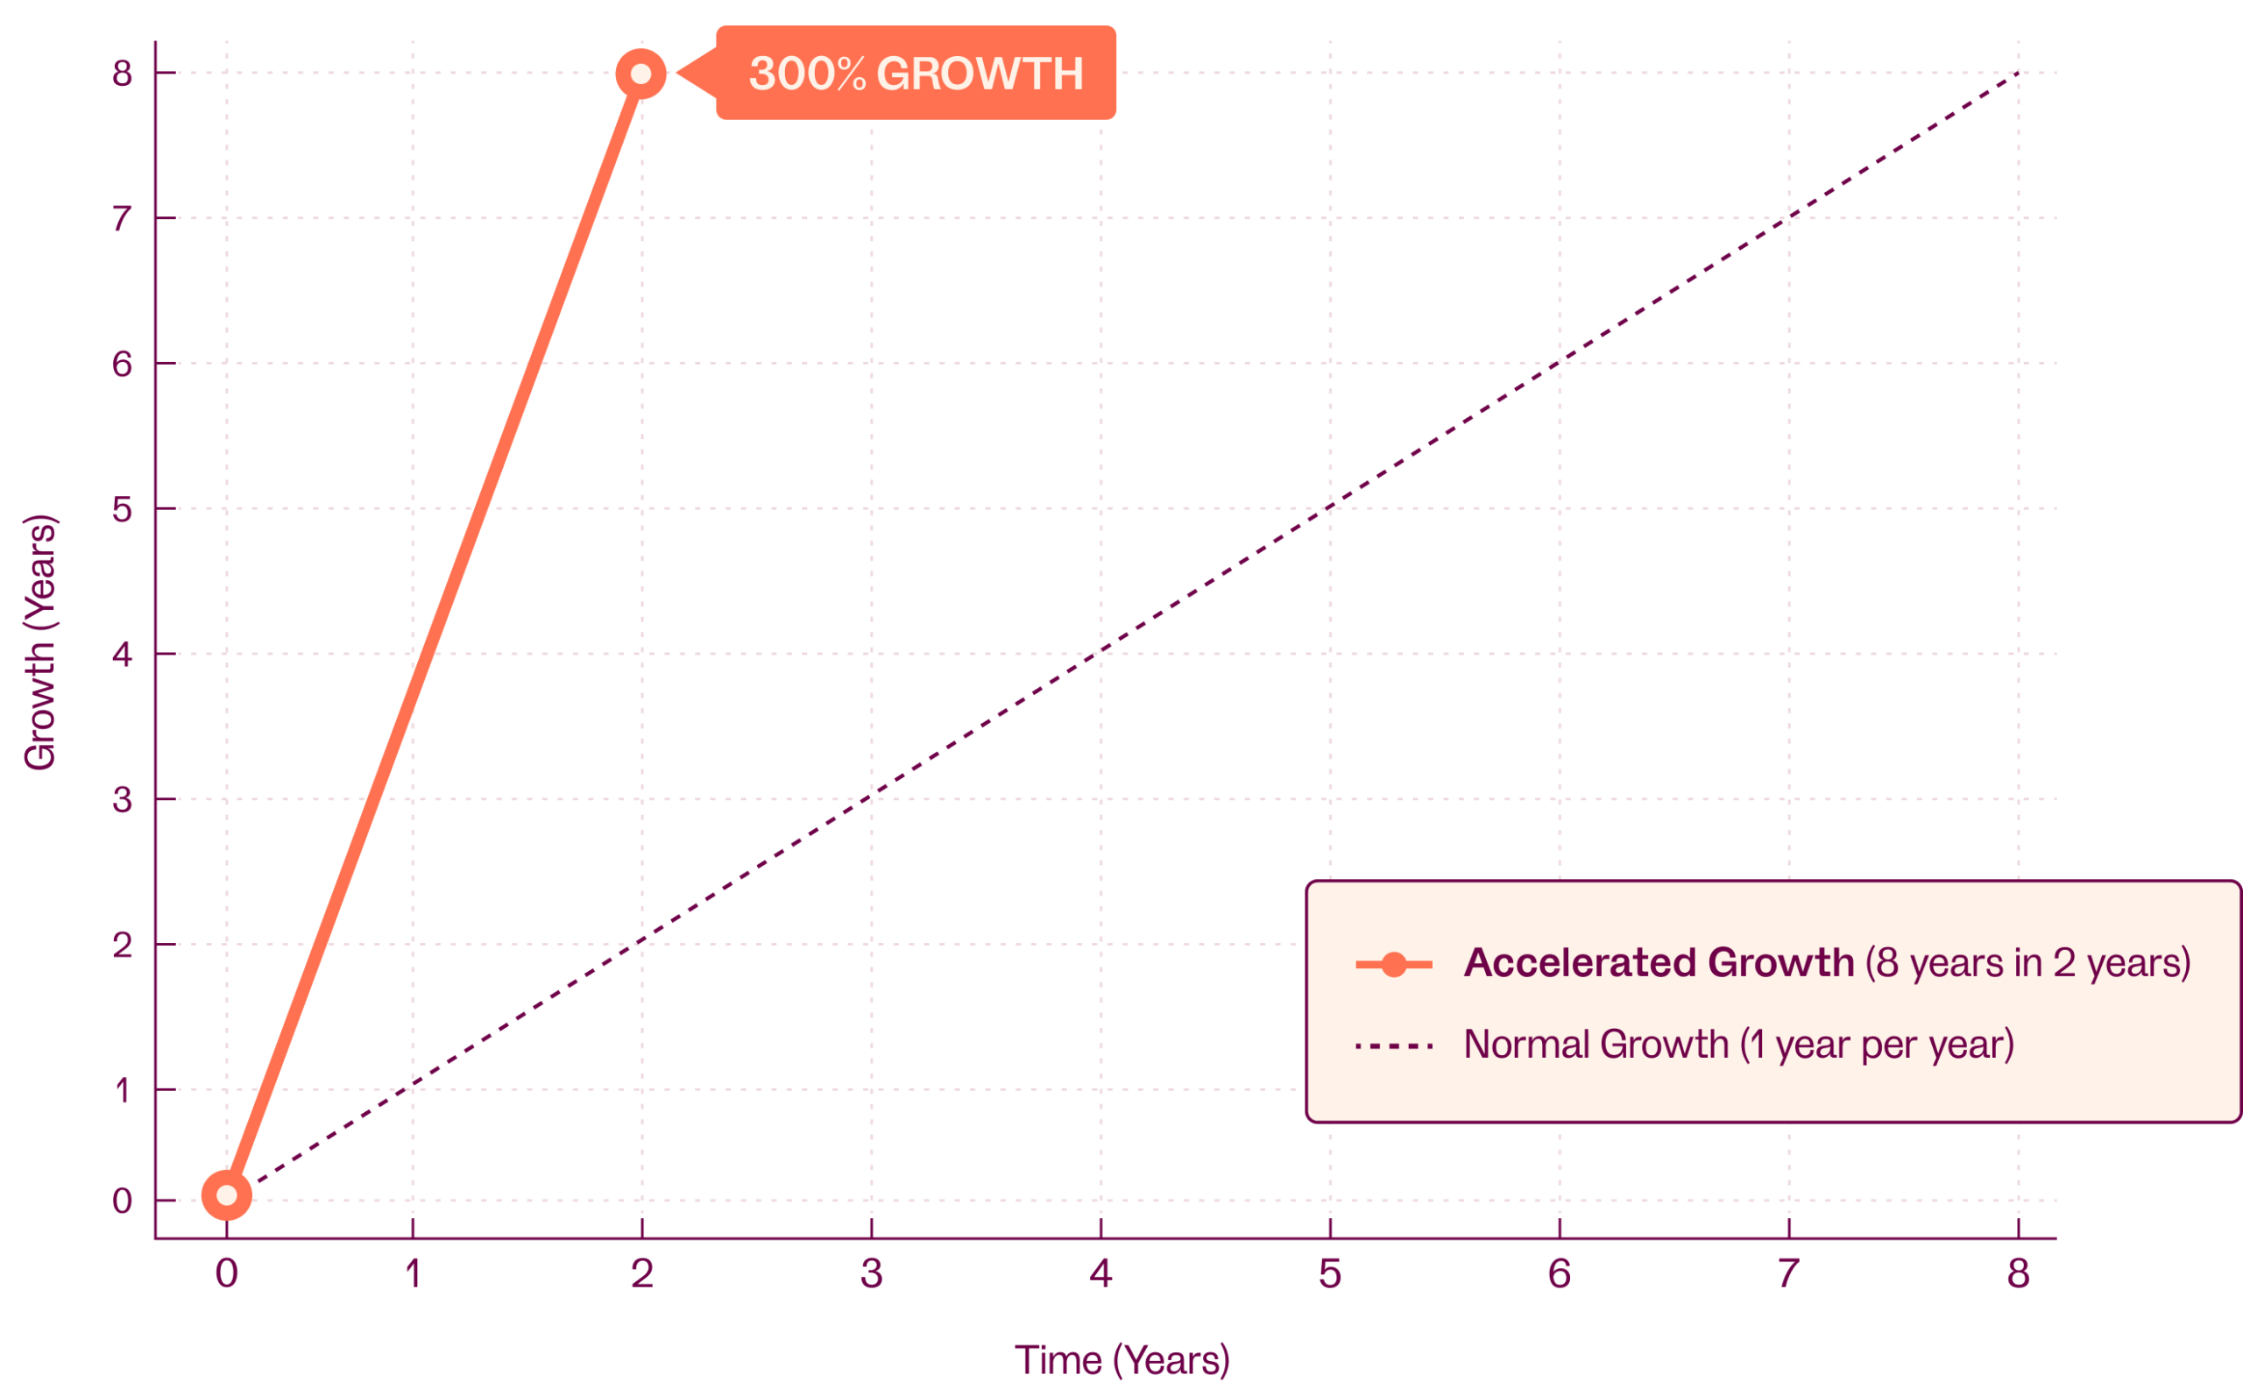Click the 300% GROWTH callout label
coord(916,74)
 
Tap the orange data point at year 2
coord(641,74)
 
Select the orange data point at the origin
coord(227,1195)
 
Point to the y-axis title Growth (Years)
coord(40,642)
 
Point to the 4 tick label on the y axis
coord(122,655)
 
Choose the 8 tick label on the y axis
coord(122,74)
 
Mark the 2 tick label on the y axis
coord(122,946)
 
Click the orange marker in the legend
coord(1394,965)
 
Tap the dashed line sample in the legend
coord(1394,1045)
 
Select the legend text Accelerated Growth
coord(1659,964)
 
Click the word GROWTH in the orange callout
coord(980,74)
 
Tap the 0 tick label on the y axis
coord(122,1201)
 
